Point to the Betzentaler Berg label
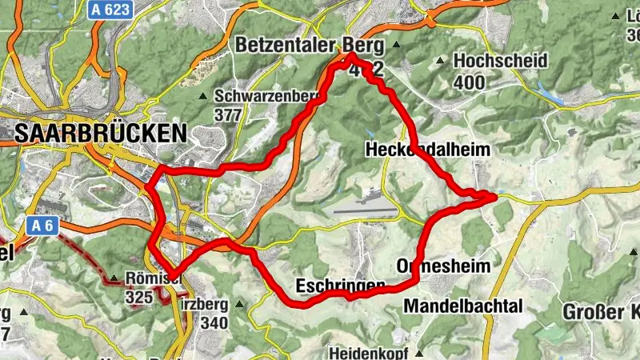point(306,46)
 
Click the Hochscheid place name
point(500,61)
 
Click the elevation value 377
point(229,114)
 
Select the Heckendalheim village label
point(427,149)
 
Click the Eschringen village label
point(341,286)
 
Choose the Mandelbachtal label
point(463,306)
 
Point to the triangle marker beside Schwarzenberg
point(203,96)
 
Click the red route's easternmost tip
point(495,194)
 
